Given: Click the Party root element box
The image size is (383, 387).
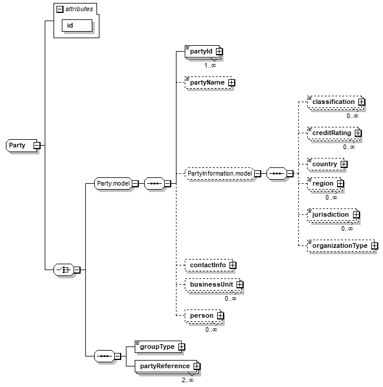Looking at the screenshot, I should pyautogui.click(x=18, y=145).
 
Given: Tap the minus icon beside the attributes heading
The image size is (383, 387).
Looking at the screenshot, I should pyautogui.click(x=59, y=9).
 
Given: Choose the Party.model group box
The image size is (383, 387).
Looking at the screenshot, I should pyautogui.click(x=113, y=183).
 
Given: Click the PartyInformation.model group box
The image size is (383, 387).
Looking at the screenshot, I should pyautogui.click(x=219, y=173).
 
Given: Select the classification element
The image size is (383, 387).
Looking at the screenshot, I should pyautogui.click(x=333, y=102).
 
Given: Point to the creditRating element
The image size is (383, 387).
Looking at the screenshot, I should pyautogui.click(x=331, y=133).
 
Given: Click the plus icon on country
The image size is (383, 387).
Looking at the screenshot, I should pyautogui.click(x=344, y=164).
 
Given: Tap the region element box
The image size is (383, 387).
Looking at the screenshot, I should pyautogui.click(x=323, y=184).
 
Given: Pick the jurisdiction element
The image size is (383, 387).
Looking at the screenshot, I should pyautogui.click(x=330, y=215).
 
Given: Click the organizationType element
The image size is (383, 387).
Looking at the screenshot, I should pyautogui.click(x=339, y=245).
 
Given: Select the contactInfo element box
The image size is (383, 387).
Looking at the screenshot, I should pyautogui.click(x=208, y=265).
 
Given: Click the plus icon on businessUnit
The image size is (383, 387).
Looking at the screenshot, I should pyautogui.click(x=239, y=285).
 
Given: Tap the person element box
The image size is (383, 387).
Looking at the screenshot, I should pyautogui.click(x=201, y=316).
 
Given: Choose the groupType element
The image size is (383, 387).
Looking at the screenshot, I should pyautogui.click(x=156, y=346).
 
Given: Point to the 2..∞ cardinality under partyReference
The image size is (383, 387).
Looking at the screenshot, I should pyautogui.click(x=188, y=380).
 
